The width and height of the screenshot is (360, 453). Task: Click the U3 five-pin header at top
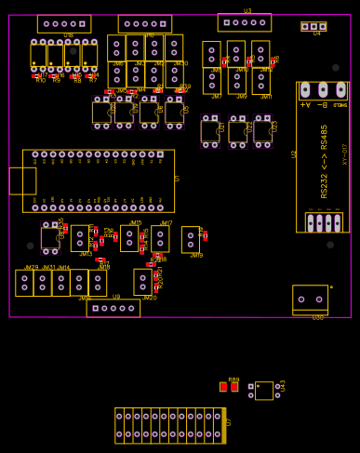pyautogui.click(x=245, y=22)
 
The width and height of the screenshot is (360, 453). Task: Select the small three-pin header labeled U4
pyautogui.click(x=313, y=27)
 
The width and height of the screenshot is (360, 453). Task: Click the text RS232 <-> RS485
pyautogui.click(x=325, y=160)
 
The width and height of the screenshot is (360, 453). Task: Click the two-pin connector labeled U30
pyautogui.click(x=310, y=299)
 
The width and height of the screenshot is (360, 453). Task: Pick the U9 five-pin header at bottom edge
pyautogui.click(x=113, y=308)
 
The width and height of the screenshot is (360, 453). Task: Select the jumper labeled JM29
pyautogui.click(x=25, y=283)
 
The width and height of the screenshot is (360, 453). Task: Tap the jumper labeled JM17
pyautogui.click(x=161, y=238)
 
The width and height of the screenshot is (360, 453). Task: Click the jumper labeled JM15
pyautogui.click(x=129, y=238)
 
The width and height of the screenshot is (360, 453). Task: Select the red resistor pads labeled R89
pyautogui.click(x=229, y=387)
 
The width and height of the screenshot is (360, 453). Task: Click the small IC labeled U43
pyautogui.click(x=264, y=391)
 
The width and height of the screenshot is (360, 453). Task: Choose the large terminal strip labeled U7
pyautogui.click(x=170, y=425)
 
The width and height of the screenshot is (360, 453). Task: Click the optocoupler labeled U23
pyautogui.click(x=263, y=131)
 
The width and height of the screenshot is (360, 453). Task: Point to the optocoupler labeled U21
pyautogui.click(x=211, y=131)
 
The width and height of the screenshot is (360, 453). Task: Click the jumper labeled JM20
pyautogui.click(x=143, y=282)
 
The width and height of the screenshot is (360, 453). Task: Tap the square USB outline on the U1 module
pyautogui.click(x=22, y=180)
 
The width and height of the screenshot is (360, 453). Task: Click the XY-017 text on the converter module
pyautogui.click(x=345, y=154)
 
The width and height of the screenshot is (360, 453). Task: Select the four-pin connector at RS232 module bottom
pyautogui.click(x=324, y=222)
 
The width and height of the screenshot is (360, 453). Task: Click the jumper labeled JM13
pyautogui.click(x=81, y=239)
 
